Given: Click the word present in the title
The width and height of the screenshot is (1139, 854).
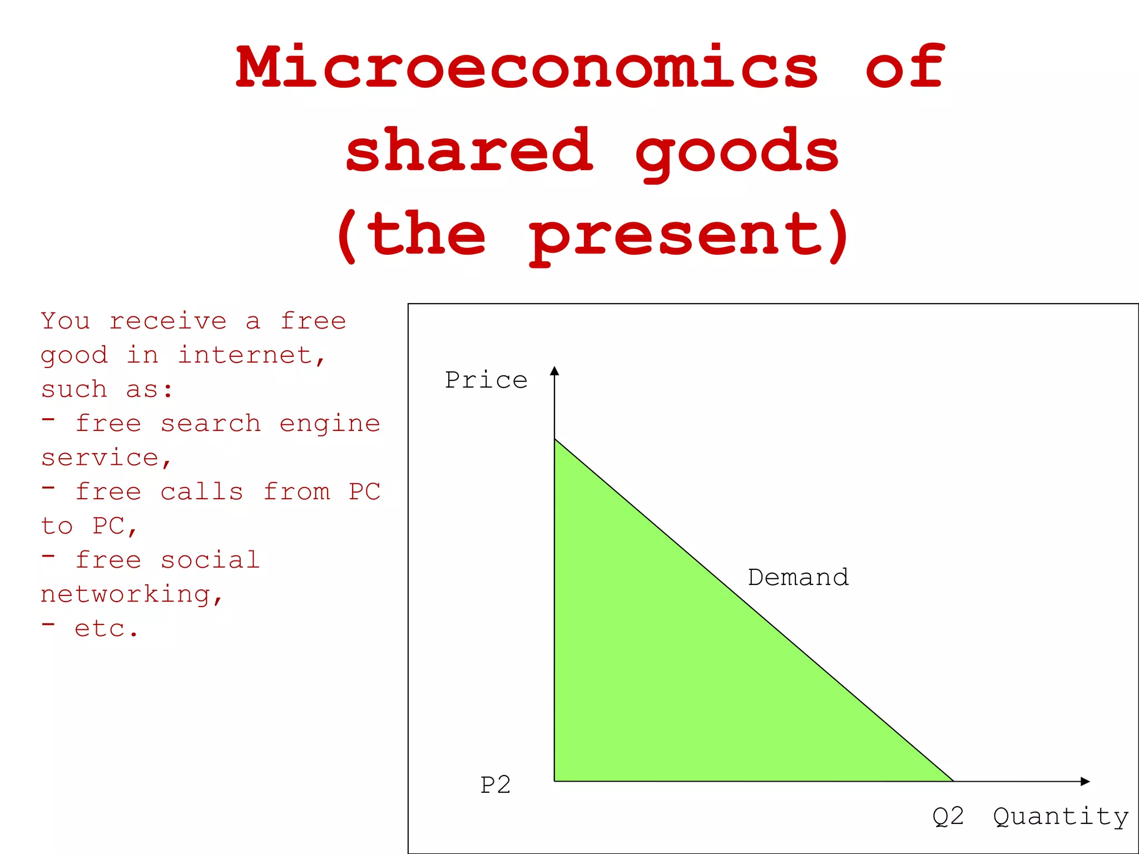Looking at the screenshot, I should click(676, 236).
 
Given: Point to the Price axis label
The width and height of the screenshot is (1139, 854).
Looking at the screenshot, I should click(486, 380).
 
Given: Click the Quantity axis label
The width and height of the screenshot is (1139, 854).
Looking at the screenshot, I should click(1061, 817).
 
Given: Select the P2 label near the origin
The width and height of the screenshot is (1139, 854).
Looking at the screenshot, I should click(495, 785).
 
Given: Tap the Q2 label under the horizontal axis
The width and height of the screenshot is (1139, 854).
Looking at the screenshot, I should click(948, 817).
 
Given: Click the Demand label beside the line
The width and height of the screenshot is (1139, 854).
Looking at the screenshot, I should click(798, 578).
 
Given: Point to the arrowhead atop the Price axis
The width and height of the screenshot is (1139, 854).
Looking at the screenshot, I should click(554, 371).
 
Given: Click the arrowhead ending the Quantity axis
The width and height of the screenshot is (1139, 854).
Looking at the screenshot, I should click(1085, 781).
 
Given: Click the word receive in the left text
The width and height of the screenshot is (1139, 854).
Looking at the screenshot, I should click(168, 321).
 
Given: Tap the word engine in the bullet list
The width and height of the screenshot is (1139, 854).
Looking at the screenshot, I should click(330, 424).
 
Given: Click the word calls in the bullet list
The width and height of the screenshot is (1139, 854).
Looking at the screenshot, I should click(202, 492).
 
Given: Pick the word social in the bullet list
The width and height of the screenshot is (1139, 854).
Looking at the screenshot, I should click(210, 560).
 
